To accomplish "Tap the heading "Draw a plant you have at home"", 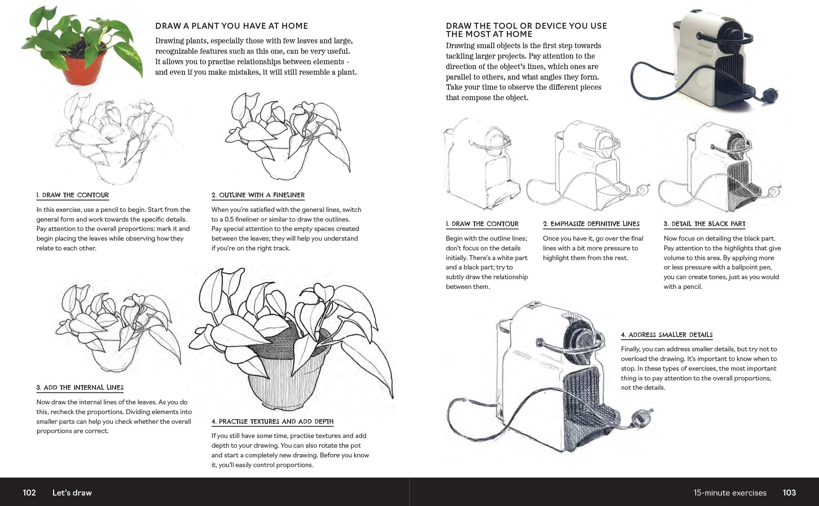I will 231,26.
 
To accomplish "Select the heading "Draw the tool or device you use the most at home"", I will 526,30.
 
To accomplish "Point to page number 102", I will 29,493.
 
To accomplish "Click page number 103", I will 789,493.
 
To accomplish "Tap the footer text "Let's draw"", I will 72,493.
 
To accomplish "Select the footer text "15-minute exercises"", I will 730,493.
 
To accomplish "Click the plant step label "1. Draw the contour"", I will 73,195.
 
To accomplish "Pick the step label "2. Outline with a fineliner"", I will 258,195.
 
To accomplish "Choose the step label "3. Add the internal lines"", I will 80,388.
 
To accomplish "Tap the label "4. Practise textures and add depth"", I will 272,422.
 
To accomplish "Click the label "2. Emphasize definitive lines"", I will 591,224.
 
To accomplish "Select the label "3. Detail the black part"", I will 704,224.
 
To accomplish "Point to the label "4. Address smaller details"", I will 666,335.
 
